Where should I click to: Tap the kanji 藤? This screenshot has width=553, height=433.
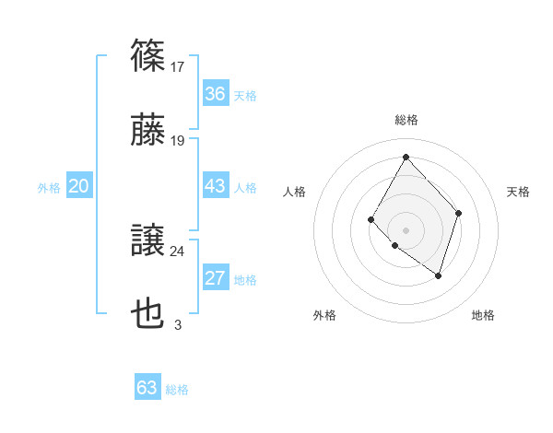148,130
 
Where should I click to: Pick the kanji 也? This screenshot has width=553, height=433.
148,314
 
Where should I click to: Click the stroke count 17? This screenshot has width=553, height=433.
178,66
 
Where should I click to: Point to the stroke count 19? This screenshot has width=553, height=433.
178,141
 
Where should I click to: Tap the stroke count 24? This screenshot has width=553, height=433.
178,252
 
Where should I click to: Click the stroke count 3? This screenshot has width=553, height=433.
178,324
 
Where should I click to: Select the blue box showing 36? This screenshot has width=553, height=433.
215,94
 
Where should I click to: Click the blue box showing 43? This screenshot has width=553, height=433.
215,186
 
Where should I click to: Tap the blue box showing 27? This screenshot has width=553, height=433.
215,278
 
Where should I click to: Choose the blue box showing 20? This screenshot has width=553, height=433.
79,186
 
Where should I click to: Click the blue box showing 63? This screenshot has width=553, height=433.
147,388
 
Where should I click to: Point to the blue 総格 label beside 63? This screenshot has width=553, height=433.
177,390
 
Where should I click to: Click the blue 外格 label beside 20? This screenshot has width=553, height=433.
49,188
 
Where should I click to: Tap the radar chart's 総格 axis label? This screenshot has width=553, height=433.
406,120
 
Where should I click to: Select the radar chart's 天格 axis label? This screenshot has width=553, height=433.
518,192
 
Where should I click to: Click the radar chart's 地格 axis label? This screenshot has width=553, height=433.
483,315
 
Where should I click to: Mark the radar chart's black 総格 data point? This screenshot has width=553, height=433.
406,157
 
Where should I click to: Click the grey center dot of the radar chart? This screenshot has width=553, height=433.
406,229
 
